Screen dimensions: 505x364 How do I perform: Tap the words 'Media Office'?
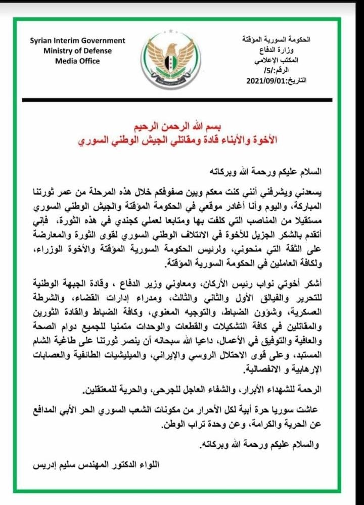(78, 61)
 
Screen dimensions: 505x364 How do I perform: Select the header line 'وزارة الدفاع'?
(289, 51)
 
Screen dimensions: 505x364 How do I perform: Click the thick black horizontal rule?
(181, 100)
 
